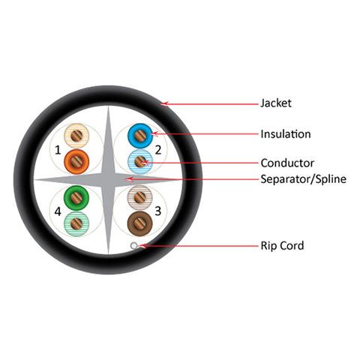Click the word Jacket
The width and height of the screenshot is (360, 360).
276,103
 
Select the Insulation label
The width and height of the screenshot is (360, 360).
286,134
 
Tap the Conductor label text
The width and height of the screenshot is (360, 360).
287,163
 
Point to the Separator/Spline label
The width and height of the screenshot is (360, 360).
303,179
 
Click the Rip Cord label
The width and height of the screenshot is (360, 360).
282,245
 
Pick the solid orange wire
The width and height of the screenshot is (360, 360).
76,162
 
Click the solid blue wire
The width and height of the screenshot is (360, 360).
140,136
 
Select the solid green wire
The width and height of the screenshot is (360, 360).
76,198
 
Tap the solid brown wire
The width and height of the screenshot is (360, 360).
140,223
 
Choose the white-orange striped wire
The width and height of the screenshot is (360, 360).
76,136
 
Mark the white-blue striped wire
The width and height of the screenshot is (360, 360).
140,162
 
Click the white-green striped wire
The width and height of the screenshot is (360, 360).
76,223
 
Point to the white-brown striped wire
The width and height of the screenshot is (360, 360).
140,198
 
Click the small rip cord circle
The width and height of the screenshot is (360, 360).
134,245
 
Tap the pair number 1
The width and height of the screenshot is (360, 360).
58,150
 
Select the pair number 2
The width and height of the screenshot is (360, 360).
158,150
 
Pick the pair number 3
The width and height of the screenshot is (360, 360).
158,211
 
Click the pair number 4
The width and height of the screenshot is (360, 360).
58,211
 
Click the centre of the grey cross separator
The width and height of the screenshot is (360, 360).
108,179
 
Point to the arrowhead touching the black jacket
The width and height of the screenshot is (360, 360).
164,103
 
